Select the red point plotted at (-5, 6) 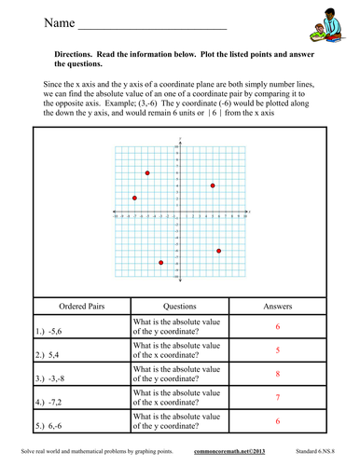pyautogui.click(x=147, y=173)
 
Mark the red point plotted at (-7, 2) pyautogui.click(x=134, y=198)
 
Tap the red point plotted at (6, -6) pyautogui.click(x=219, y=251)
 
